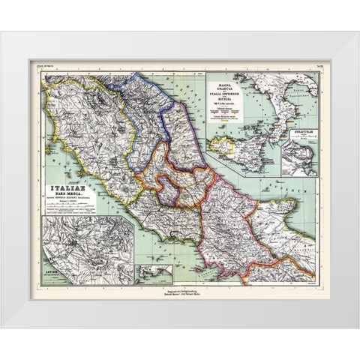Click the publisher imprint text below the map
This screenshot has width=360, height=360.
point(180,289)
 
